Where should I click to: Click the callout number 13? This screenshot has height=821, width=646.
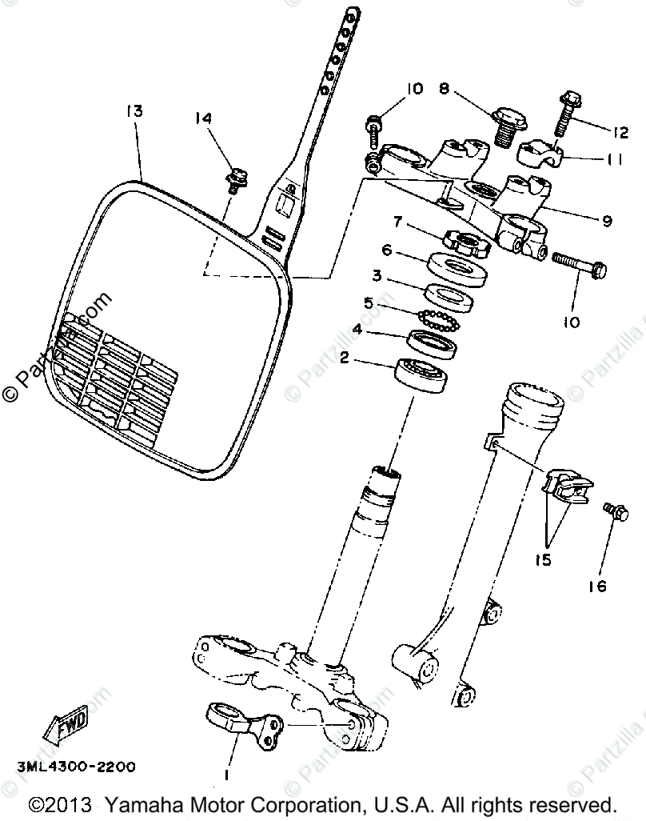click(x=134, y=111)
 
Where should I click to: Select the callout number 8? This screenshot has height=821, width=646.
click(x=444, y=89)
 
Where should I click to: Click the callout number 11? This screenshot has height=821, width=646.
click(x=612, y=159)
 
